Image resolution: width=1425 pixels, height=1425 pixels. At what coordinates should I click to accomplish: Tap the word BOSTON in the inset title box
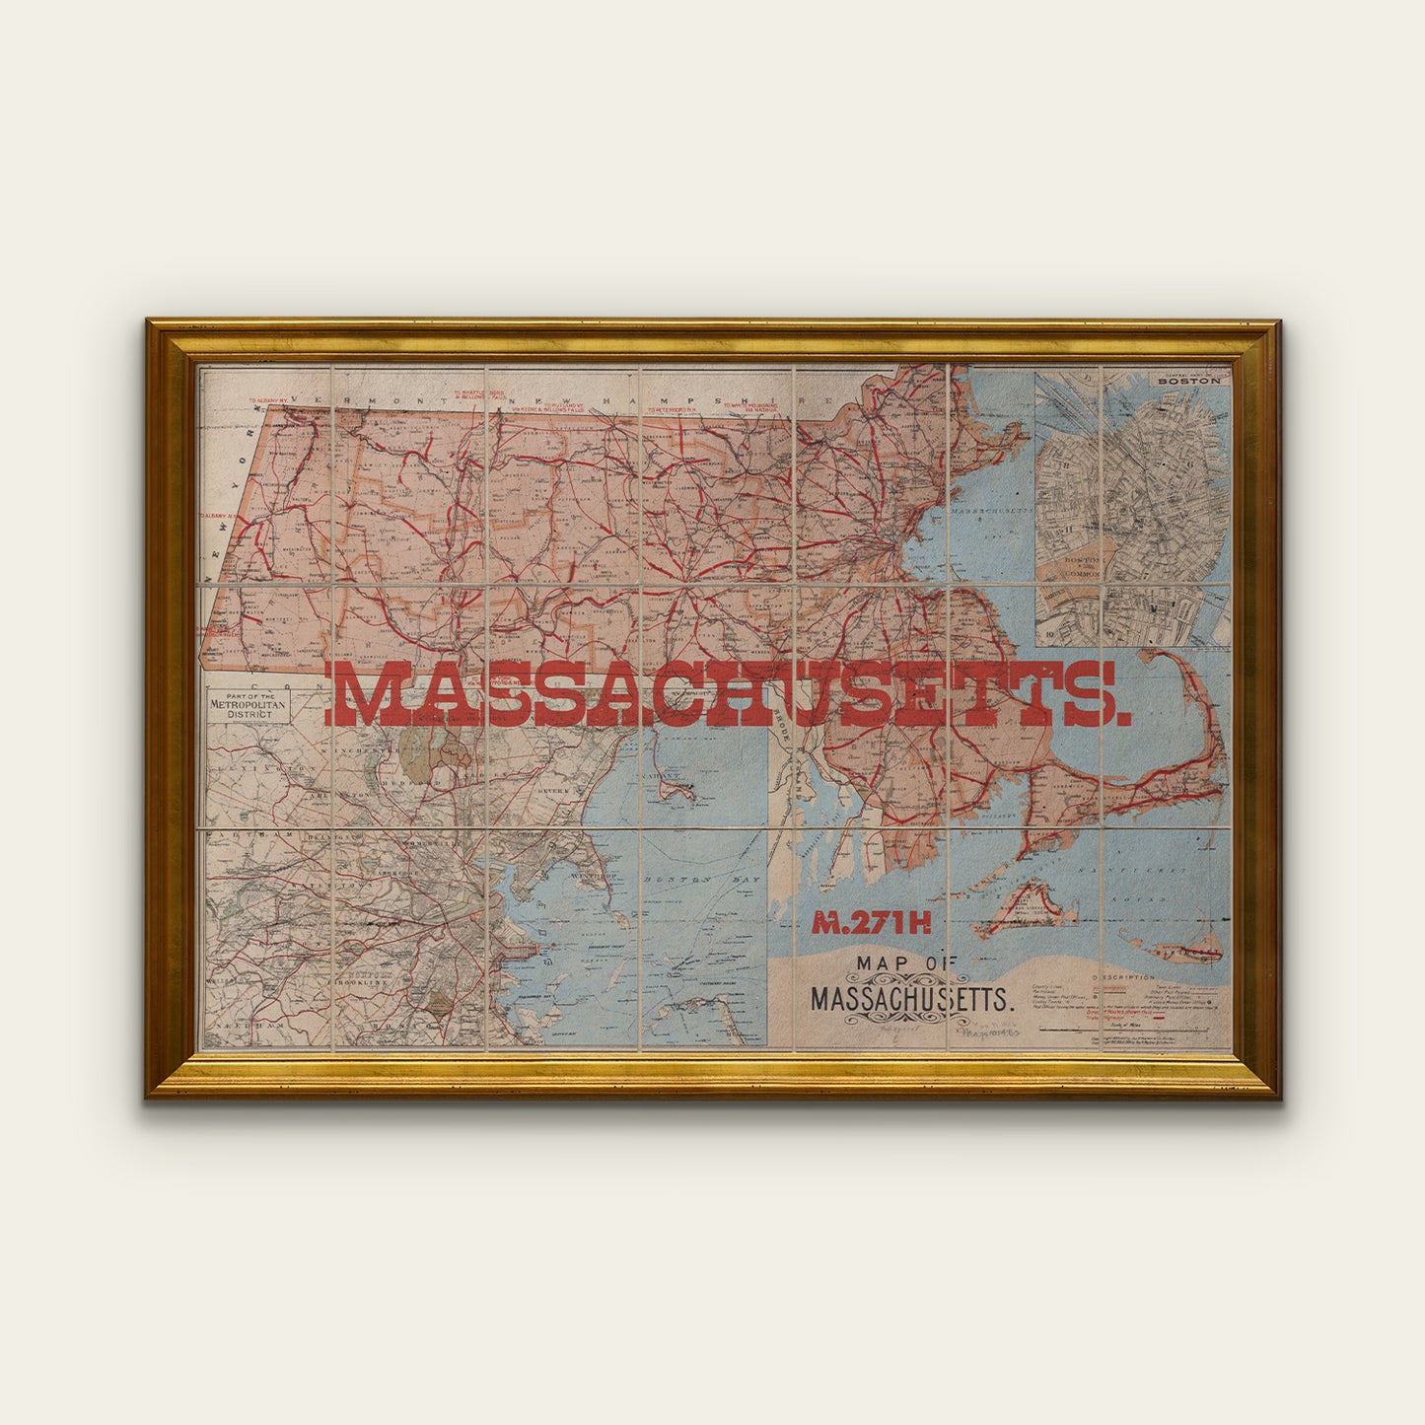point(1188,381)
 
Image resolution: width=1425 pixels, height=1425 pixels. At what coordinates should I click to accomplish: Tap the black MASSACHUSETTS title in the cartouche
point(911,999)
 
